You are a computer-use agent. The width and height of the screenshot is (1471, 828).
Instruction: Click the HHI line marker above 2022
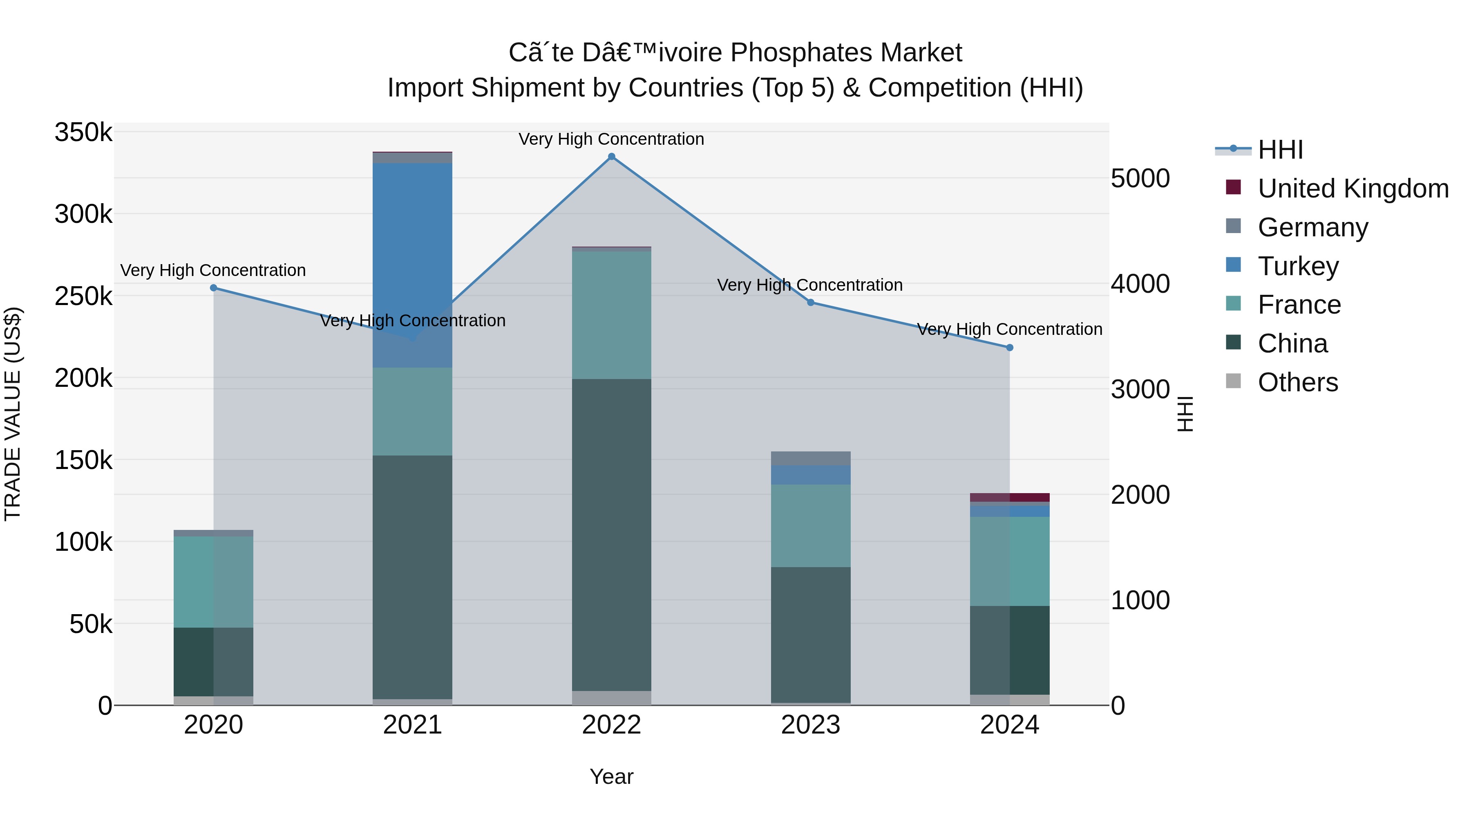(x=612, y=157)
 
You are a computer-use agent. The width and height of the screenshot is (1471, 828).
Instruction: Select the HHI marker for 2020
(x=214, y=288)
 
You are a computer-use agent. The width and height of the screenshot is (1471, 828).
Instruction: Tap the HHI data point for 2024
(x=1010, y=348)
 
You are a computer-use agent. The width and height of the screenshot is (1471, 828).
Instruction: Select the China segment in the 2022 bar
(x=612, y=534)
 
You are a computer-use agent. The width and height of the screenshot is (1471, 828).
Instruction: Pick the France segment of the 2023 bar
(x=810, y=526)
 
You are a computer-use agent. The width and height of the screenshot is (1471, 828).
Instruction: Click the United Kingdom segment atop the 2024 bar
(x=1010, y=497)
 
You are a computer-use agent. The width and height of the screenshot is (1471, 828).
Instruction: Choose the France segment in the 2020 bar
(x=214, y=582)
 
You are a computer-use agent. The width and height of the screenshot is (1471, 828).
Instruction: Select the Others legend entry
(x=1297, y=382)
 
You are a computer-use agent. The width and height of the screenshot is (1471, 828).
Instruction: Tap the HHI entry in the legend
(x=1280, y=150)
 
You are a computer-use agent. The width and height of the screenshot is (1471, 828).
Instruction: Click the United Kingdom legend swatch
(x=1234, y=187)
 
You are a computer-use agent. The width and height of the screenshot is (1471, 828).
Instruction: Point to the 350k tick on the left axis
(x=83, y=132)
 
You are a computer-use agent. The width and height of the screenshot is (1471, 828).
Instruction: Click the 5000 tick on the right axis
(x=1140, y=178)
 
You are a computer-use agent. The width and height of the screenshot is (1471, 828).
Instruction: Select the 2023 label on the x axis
(x=810, y=725)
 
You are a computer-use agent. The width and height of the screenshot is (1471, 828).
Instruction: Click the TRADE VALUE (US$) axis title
(x=13, y=414)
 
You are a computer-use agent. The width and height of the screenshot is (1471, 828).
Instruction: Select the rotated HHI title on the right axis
(x=1185, y=414)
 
